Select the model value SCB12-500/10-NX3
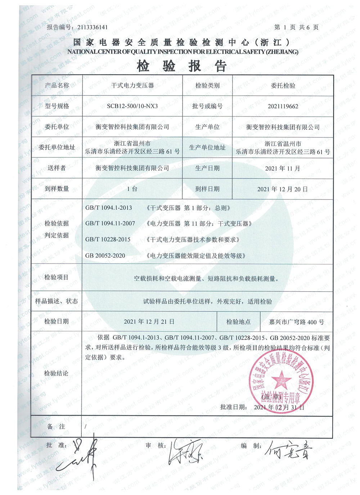coord(132,106)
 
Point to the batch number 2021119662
coord(283,106)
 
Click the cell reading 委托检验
coord(283,86)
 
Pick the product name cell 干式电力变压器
coord(132,86)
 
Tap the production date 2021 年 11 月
coord(283,168)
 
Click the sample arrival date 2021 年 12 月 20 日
coord(283,189)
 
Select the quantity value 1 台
coord(132,189)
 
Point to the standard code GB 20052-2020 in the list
coord(105,256)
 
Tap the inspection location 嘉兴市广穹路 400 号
coord(296,322)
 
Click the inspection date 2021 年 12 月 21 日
coord(149,321)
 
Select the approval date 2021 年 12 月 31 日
coord(279,407)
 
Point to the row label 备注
coord(56,427)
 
